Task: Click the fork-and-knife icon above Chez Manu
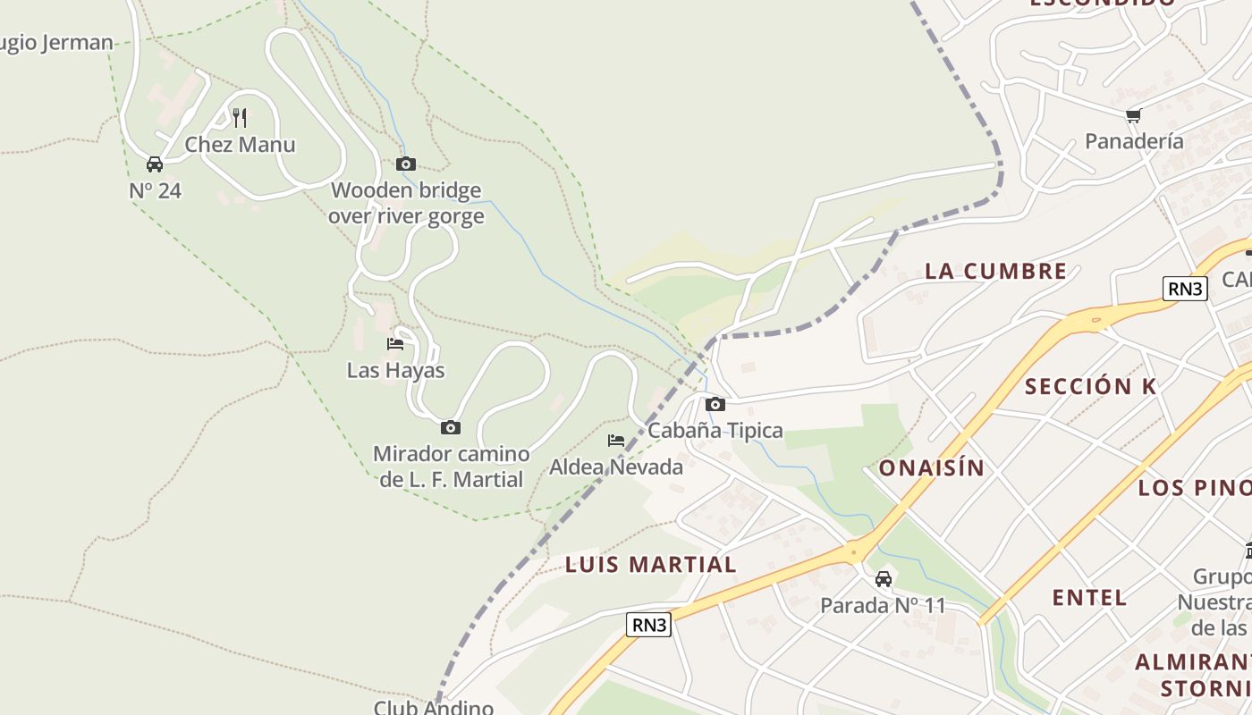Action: (240, 117)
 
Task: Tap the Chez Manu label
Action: (240, 144)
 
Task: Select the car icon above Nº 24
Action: (155, 164)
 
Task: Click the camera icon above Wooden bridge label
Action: (406, 164)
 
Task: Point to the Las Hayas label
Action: (395, 370)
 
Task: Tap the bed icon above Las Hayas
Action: (395, 343)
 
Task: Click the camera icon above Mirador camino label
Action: (451, 427)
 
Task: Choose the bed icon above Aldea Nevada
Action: (616, 440)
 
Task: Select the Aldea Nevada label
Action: (616, 467)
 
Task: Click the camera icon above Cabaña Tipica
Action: (715, 404)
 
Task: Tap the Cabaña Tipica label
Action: (715, 430)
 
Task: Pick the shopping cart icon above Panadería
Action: (1134, 114)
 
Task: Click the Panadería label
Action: (1134, 140)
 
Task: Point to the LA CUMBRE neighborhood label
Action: (995, 271)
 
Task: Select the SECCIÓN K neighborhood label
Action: (1090, 386)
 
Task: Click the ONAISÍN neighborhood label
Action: (931, 467)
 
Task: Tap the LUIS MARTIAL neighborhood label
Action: (651, 564)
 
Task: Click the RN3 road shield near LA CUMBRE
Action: (1186, 288)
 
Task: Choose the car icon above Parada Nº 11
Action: (884, 578)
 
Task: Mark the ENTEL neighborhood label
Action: (1089, 597)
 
